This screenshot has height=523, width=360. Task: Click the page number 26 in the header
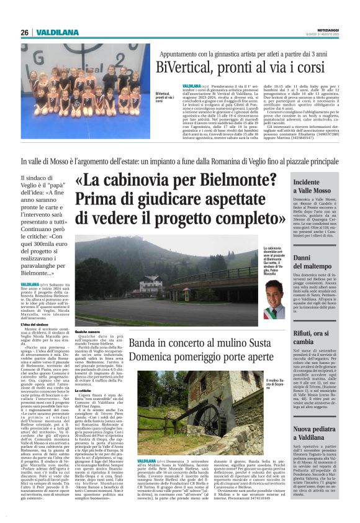point(24,32)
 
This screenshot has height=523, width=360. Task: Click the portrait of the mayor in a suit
point(271,300)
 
